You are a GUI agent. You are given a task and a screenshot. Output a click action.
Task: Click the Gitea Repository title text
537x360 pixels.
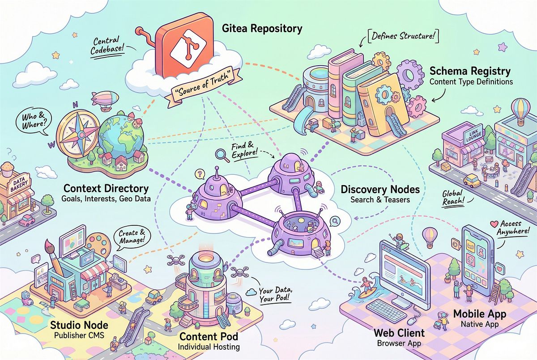[x=262, y=30]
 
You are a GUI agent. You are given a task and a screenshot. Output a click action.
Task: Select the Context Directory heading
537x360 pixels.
[x=106, y=188]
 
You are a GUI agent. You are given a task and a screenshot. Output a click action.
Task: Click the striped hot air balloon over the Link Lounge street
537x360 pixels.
[x=521, y=110]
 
